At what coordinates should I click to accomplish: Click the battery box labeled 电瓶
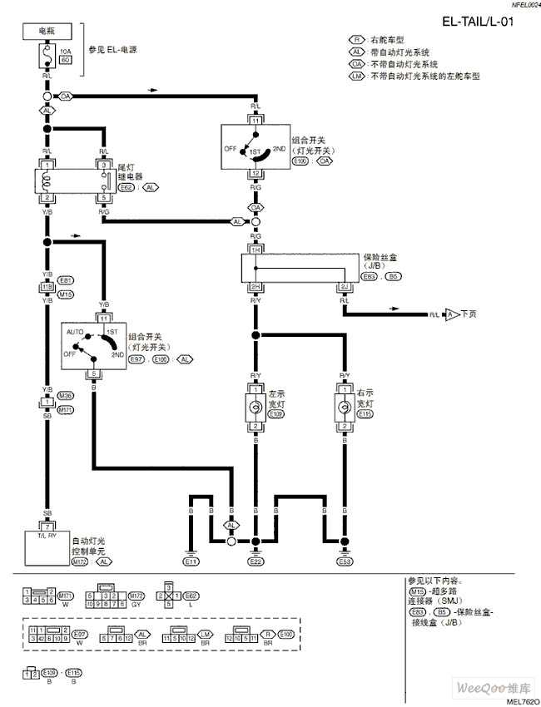[47, 31]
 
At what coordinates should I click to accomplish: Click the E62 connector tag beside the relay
[127, 188]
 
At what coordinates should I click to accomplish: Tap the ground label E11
[191, 562]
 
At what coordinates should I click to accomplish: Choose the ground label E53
[344, 562]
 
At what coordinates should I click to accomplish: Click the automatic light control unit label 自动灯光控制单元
[91, 545]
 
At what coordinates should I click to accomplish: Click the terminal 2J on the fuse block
[344, 286]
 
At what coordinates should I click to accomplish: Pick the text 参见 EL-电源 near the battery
[113, 50]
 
